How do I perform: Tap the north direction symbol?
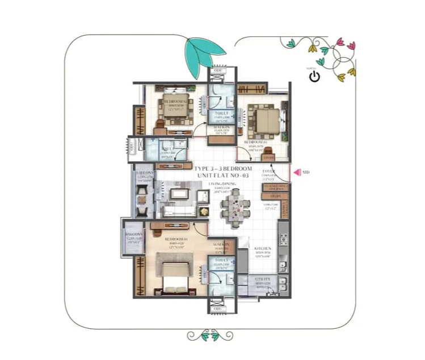coord(314,76)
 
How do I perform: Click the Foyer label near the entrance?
coord(268,172)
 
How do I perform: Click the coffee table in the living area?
coord(180,195)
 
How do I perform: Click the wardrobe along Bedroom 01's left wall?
coord(140,275)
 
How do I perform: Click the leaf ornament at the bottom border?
coord(211,336)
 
